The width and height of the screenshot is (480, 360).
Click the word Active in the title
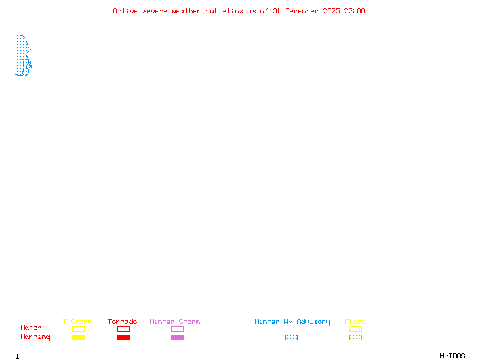tap(125, 11)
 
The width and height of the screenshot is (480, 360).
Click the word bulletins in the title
tap(224, 11)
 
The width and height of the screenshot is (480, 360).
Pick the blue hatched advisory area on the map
tap(20, 54)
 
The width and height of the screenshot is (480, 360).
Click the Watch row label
tap(31, 328)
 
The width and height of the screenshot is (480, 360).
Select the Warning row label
tap(35, 337)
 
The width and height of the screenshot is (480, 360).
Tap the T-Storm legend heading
tap(77, 322)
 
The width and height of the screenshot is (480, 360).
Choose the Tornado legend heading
tap(122, 322)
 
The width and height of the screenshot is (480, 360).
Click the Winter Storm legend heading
tap(175, 322)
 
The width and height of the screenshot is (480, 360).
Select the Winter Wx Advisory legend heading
tap(292, 322)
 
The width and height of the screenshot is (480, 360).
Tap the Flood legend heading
tap(355, 322)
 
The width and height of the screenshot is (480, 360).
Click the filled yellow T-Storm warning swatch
tap(78, 338)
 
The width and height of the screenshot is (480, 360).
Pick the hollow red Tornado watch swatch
tap(123, 329)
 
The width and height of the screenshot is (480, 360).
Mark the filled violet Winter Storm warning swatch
tap(177, 338)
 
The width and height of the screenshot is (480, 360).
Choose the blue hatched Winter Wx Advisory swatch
tap(291, 338)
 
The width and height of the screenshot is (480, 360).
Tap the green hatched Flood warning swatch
tap(355, 338)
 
